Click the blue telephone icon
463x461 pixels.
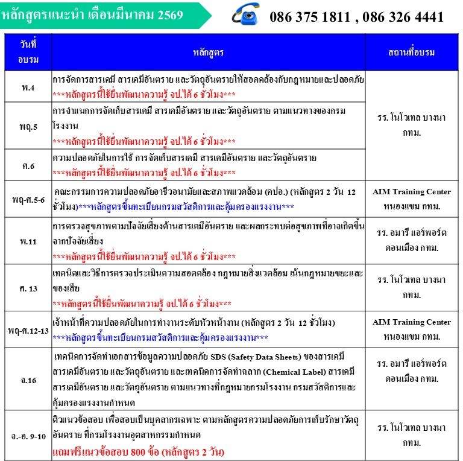246,14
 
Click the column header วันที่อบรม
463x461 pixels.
28,52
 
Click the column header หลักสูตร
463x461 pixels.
209,52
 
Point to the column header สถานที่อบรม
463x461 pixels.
412,52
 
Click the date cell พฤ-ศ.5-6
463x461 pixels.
28,199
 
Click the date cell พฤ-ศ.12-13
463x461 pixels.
28,330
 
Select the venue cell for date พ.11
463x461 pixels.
412,240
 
